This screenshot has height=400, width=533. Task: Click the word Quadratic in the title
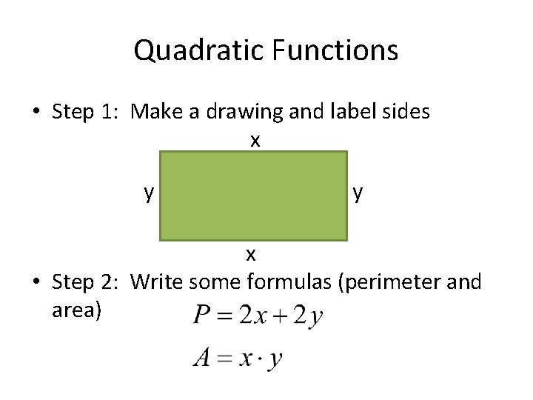tap(199, 51)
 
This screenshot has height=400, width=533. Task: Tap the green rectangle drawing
tap(253, 196)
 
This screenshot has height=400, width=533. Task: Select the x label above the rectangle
tap(255, 140)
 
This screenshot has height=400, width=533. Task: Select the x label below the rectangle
tap(251, 255)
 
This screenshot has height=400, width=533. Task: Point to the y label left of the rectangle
tap(149, 193)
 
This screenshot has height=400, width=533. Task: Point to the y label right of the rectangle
tap(358, 193)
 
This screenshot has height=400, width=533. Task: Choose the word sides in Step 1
tap(406, 113)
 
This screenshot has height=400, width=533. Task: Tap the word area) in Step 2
tap(76, 309)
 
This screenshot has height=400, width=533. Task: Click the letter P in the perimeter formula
tap(201, 316)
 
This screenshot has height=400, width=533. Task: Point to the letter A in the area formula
tap(201, 359)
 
